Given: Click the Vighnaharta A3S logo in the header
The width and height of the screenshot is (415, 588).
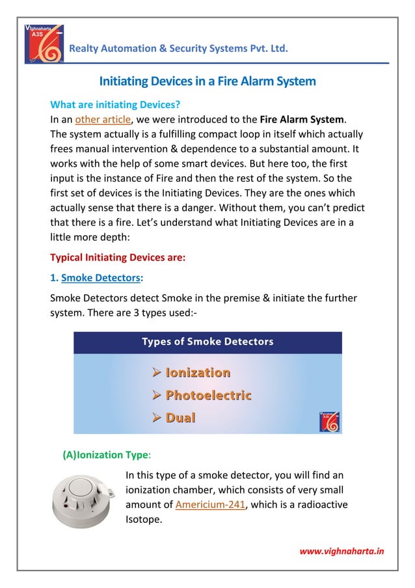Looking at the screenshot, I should pos(44,44).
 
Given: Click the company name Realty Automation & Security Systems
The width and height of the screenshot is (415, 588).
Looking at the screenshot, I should pos(178,49).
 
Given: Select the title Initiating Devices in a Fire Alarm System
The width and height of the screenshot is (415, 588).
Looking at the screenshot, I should pos(207,81).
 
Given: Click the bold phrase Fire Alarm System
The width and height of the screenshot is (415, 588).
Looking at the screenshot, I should pos(302,119).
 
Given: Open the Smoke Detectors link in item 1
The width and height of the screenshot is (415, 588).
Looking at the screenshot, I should pos(101,278).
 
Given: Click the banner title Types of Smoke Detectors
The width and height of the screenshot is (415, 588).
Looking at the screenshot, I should pos(207,342).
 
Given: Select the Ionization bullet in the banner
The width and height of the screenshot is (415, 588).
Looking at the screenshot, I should pos(198,372).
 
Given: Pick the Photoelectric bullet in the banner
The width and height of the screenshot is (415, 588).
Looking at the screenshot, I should pos(208,395).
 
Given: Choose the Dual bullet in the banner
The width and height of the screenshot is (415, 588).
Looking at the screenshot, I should pos(180,417).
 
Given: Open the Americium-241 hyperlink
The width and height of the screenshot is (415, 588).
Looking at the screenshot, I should pos(211,504).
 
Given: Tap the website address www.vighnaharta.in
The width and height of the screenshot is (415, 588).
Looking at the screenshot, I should pos(341,552).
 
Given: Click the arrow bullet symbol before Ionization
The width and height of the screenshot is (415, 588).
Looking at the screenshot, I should pos(156,372).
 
